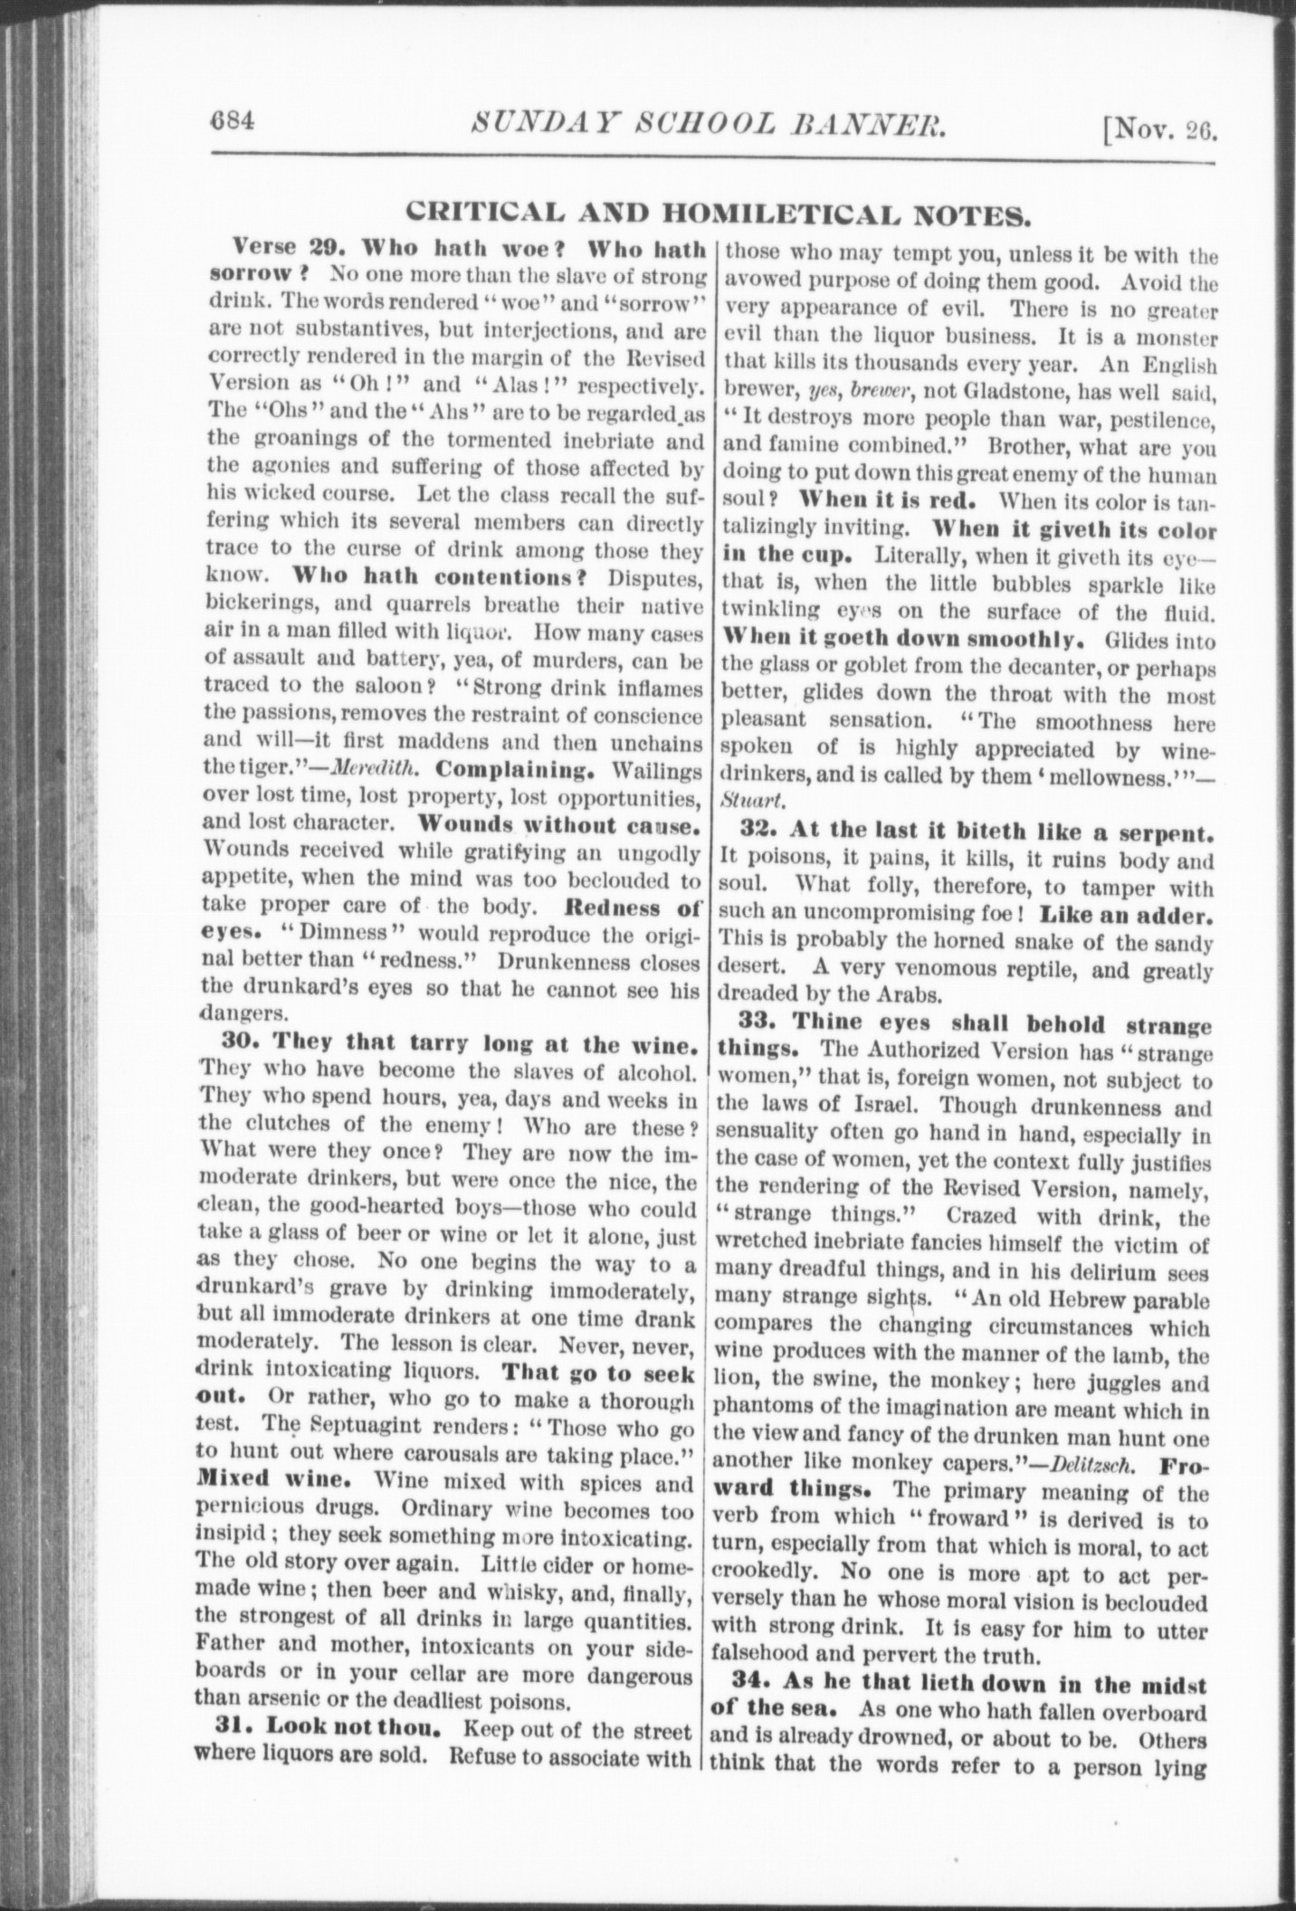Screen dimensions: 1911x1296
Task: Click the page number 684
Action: pyautogui.click(x=233, y=121)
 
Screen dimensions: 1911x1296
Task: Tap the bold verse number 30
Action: pyautogui.click(x=243, y=1043)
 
